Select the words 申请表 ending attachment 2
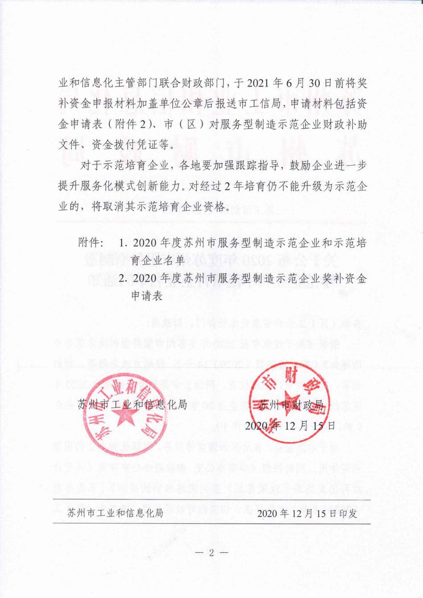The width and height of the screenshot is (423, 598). point(147,296)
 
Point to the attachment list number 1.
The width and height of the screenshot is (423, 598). point(122,243)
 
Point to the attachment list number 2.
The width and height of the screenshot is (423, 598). point(122,279)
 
